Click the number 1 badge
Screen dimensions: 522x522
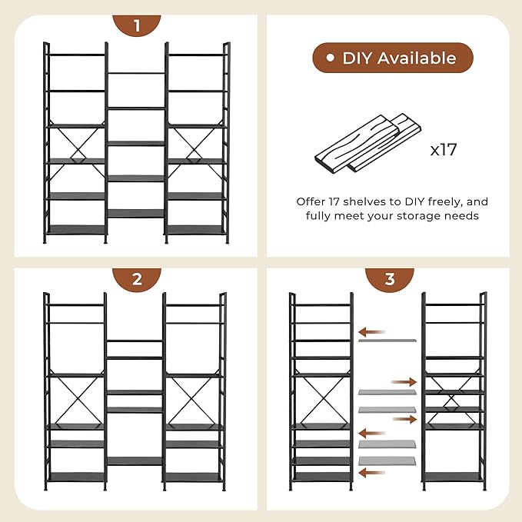click(137, 25)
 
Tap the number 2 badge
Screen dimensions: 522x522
click(137, 279)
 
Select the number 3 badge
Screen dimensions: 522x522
click(390, 279)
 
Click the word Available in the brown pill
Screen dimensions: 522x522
click(417, 58)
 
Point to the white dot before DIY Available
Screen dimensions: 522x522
click(330, 58)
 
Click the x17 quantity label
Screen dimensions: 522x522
click(444, 149)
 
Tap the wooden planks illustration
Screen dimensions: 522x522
click(368, 144)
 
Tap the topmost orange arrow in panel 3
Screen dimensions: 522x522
click(371, 332)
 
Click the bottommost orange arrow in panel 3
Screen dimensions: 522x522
click(371, 472)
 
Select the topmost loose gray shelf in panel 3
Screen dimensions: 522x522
click(387, 341)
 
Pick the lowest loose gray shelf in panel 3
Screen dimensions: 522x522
click(387, 461)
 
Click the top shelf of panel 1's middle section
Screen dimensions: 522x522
click(136, 73)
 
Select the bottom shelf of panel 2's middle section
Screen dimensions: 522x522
click(135, 461)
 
